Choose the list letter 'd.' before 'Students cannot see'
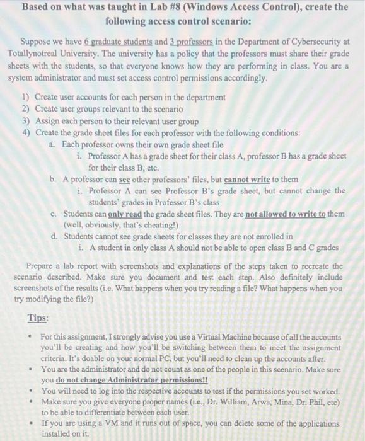tap(55, 236)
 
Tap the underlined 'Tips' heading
tap(38, 318)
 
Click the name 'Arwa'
tap(262, 401)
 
